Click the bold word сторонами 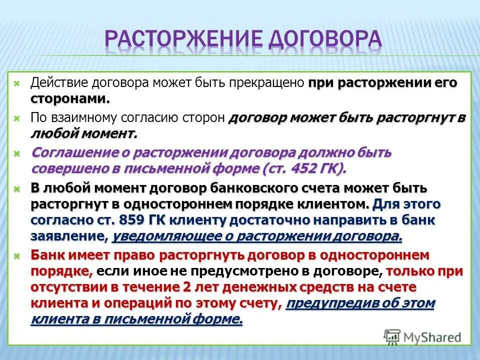click(x=70, y=98)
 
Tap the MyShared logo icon click(x=391, y=336)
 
